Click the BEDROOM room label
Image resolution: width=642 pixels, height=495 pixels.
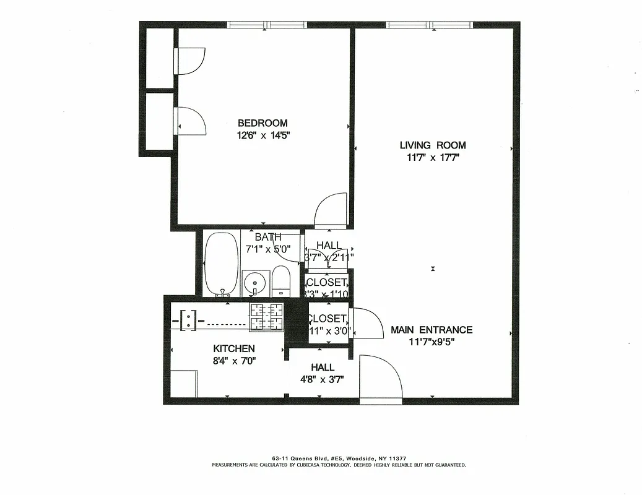point(262,123)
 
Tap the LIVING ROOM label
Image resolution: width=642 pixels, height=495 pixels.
point(432,145)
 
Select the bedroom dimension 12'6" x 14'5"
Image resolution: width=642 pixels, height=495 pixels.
point(262,136)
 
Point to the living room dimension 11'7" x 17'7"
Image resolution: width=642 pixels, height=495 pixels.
point(432,158)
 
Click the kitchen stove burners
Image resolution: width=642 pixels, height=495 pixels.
point(266,317)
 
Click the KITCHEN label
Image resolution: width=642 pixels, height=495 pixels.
point(234,349)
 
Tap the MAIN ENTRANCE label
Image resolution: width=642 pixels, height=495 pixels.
point(431,330)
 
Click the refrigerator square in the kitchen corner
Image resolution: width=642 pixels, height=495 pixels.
point(183,383)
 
